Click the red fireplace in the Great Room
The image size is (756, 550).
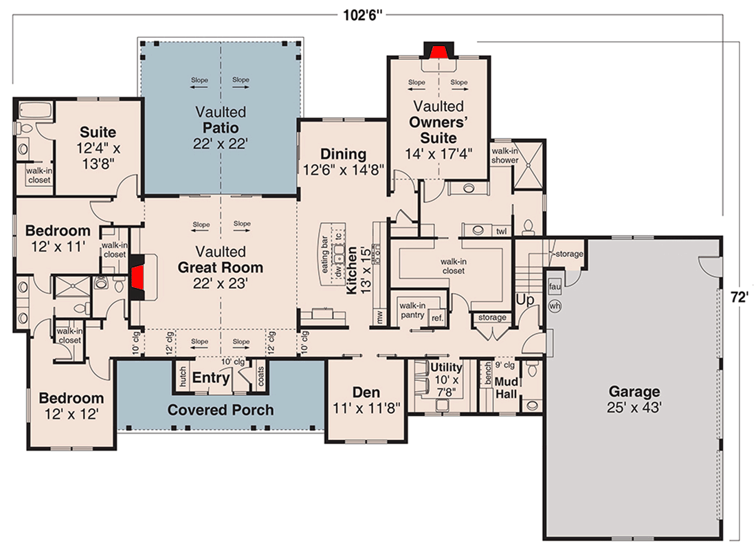pos(137,278)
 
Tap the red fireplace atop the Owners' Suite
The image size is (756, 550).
pos(438,52)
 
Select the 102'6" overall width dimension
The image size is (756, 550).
pos(363,15)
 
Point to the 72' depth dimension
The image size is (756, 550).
pos(739,297)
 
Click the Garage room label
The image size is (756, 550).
pos(634,391)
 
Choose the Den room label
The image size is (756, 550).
pos(366,393)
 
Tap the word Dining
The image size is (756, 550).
pos(343,154)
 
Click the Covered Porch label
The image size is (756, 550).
pos(221,410)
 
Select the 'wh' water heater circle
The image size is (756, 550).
pos(555,306)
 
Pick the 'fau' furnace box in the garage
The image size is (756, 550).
pos(555,287)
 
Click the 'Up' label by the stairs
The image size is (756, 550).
pos(525,300)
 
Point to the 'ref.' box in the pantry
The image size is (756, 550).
pos(437,318)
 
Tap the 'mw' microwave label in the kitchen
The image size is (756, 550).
pos(379,317)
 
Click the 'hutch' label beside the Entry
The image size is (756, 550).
pos(183,377)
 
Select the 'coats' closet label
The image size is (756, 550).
pos(261,376)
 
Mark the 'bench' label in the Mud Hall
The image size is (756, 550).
pos(487,373)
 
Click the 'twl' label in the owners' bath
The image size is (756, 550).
pos(502,232)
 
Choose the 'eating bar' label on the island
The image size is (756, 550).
pos(324,254)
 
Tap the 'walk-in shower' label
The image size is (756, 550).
pos(505,155)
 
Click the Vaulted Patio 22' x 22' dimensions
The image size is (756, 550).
pos(221,144)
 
